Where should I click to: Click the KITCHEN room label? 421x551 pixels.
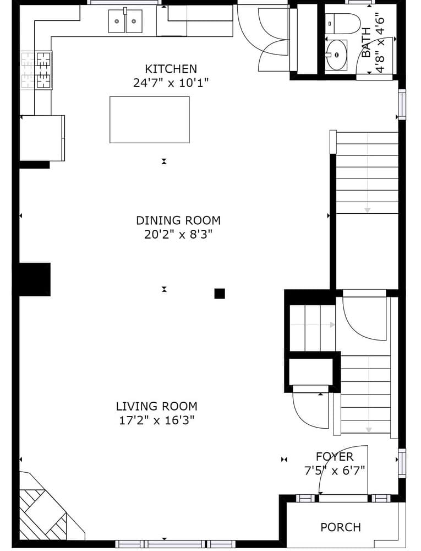171,69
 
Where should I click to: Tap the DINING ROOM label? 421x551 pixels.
178,220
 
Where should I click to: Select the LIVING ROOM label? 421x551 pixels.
156,407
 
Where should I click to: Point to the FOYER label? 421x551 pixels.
335,457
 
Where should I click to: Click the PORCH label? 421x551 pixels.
341,527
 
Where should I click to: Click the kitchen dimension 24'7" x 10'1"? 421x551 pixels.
171,83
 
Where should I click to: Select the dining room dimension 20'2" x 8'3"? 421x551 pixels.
178,235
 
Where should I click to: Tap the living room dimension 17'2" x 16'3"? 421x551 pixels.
156,421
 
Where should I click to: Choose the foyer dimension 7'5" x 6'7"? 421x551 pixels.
335,471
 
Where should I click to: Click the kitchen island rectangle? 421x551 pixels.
149,120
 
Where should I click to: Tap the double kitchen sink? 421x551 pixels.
125,21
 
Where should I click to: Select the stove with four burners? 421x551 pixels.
37,70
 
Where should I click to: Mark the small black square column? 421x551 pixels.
220,294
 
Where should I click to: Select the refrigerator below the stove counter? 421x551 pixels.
42,138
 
